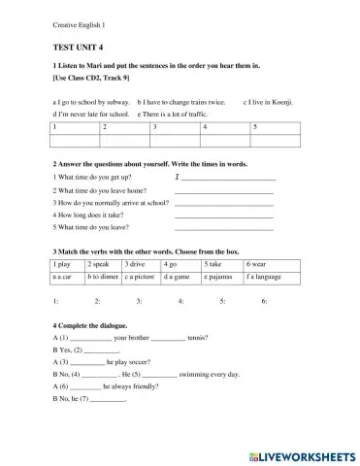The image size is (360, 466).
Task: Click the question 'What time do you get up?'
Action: click(x=89, y=178)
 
